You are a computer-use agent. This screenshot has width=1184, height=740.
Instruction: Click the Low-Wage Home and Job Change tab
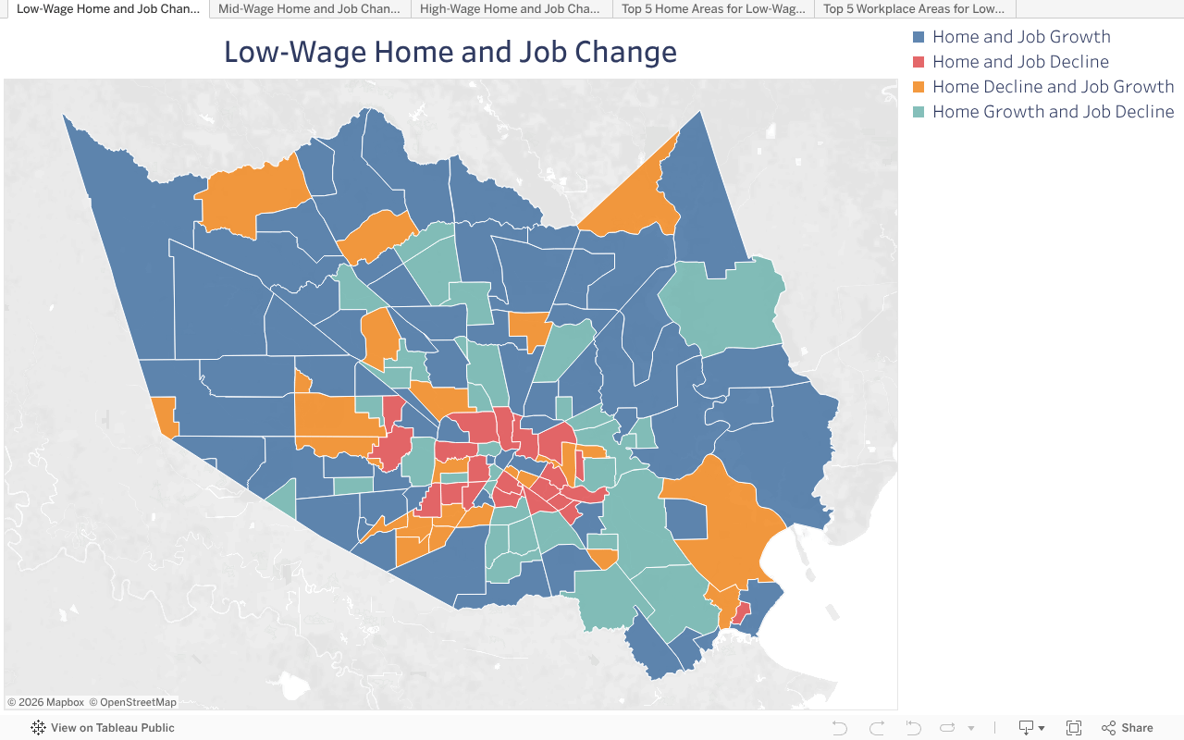pos(107,9)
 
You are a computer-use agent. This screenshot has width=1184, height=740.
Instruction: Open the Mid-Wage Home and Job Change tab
pos(309,9)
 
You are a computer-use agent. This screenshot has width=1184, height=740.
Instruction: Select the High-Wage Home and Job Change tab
pos(510,9)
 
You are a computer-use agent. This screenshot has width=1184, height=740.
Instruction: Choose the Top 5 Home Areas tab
pos(712,9)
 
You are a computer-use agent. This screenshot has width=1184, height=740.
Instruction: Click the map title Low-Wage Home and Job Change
pos(450,52)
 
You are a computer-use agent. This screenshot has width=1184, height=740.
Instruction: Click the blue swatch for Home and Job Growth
pos(919,37)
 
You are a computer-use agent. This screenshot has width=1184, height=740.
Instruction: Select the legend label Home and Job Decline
pos(1020,62)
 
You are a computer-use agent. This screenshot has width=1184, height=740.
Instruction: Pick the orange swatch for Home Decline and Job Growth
pos(919,87)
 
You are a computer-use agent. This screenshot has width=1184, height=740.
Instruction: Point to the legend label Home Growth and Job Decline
pos(1053,112)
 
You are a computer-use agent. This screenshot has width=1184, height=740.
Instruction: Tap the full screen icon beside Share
pos(1074,728)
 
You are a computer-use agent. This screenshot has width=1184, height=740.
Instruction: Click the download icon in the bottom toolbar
pos(1026,728)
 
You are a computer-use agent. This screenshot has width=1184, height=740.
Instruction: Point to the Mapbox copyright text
pos(46,702)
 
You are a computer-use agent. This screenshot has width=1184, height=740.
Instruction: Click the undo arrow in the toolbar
pos(840,728)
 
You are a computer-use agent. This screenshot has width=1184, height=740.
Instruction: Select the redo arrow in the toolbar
pos(877,728)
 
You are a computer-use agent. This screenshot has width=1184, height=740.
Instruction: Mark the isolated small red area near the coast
pos(741,613)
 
